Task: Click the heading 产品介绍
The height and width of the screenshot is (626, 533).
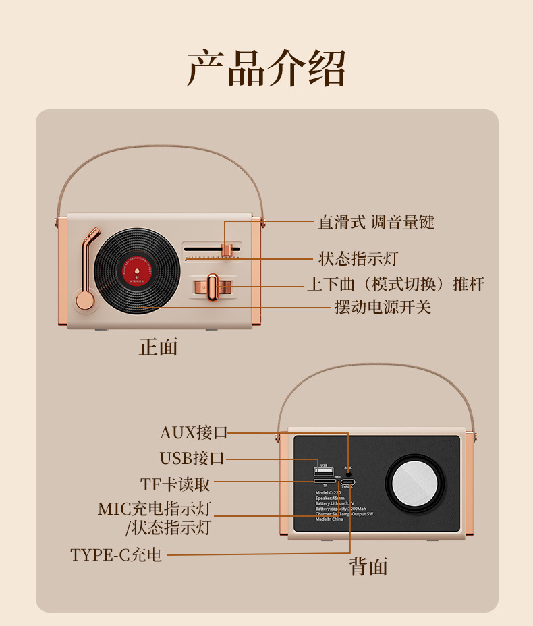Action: point(266,68)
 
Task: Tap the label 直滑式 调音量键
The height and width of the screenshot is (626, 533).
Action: point(376,222)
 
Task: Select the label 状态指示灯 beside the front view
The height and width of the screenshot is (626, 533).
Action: point(353,258)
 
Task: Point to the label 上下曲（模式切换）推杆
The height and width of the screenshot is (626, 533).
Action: point(395,284)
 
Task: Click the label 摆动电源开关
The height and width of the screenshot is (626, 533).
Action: point(383,307)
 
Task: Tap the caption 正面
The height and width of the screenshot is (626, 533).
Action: point(159,347)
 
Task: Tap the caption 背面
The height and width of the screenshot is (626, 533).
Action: point(368,567)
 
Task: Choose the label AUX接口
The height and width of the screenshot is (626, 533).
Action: point(194,432)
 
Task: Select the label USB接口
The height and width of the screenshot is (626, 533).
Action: point(192,458)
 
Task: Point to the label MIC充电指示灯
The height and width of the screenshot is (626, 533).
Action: point(155,509)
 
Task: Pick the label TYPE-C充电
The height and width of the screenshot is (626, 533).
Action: point(116,555)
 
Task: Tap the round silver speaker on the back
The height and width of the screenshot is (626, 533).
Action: point(416,484)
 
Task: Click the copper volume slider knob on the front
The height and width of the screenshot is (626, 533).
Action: point(227,250)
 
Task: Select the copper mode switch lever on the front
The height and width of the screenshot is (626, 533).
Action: point(213,287)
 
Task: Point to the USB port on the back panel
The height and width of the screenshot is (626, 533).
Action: point(324,472)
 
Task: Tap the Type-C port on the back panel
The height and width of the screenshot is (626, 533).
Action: point(348,482)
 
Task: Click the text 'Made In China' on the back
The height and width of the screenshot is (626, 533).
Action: point(329,519)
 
